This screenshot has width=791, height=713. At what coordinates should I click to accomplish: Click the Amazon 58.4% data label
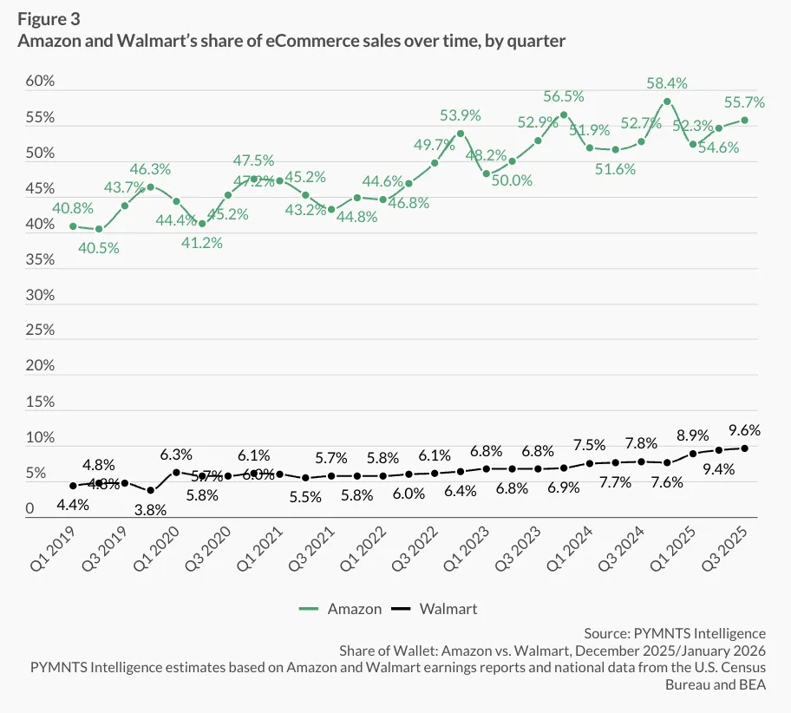(x=667, y=84)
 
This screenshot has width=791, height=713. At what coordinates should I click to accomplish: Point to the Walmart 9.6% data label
(x=743, y=429)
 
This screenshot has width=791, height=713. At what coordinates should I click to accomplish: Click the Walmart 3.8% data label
(x=150, y=510)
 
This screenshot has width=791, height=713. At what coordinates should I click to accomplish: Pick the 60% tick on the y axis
(x=38, y=82)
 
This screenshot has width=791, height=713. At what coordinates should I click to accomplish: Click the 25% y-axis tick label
(x=38, y=330)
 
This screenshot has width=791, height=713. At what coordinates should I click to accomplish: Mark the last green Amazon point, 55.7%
(x=744, y=121)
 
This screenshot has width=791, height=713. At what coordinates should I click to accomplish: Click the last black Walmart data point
(x=744, y=448)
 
